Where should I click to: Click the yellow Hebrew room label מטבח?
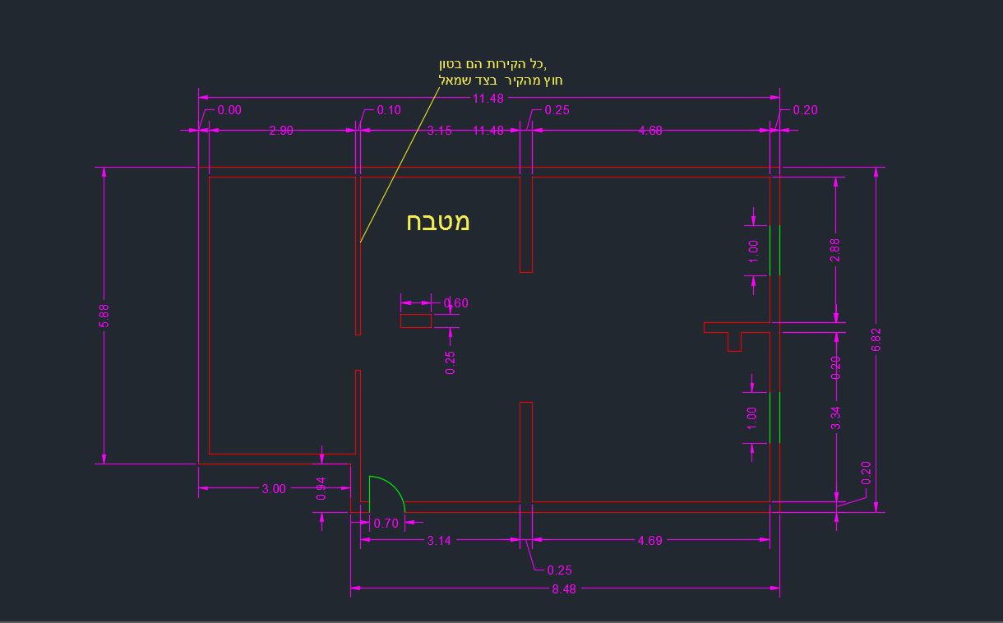pyautogui.click(x=437, y=221)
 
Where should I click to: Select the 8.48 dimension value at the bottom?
pyautogui.click(x=564, y=588)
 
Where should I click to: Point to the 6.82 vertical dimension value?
pyautogui.click(x=876, y=339)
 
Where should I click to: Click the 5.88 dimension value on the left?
pyautogui.click(x=104, y=316)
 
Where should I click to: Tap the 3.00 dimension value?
pyautogui.click(x=274, y=488)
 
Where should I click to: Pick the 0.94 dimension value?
pyautogui.click(x=321, y=488)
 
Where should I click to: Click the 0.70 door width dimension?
pyautogui.click(x=386, y=523)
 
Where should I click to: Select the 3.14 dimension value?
pyautogui.click(x=439, y=540)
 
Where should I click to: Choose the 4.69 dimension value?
pyautogui.click(x=649, y=540)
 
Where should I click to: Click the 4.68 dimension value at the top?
pyautogui.click(x=649, y=130)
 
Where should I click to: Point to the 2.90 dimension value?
pyautogui.click(x=281, y=130)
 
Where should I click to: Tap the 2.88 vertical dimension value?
pyautogui.click(x=835, y=250)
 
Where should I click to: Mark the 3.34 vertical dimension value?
pyautogui.click(x=836, y=418)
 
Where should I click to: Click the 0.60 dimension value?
pyautogui.click(x=456, y=302)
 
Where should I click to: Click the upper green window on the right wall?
pyautogui.click(x=774, y=250)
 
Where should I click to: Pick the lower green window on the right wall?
pyautogui.click(x=774, y=418)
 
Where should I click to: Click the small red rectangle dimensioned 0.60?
pyautogui.click(x=415, y=321)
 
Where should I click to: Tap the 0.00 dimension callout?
pyautogui.click(x=229, y=110)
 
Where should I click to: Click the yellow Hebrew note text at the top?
pyautogui.click(x=500, y=72)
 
